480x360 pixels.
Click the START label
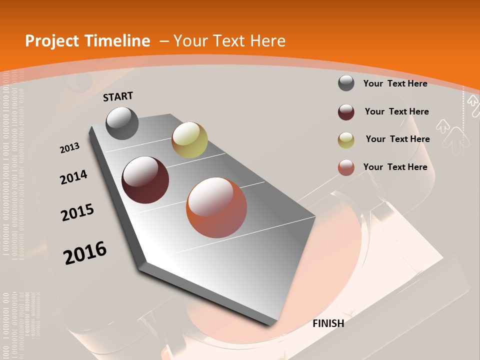tap(118, 96)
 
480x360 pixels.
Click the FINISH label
tap(328, 323)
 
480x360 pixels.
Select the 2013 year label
tap(69, 148)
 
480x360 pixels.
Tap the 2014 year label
tap(73, 177)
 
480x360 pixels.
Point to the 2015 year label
tap(77, 212)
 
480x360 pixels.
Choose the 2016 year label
tap(85, 253)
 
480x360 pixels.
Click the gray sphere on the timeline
tap(122, 123)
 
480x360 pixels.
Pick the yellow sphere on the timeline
tap(189, 140)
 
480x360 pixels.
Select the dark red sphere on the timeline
tap(145, 180)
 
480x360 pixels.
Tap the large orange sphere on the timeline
tap(216, 207)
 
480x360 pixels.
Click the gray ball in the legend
tap(346, 83)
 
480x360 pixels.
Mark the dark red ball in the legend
tap(346, 112)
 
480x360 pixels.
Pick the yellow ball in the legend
tap(346, 140)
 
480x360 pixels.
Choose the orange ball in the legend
tap(346, 167)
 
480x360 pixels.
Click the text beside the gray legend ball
tap(395, 83)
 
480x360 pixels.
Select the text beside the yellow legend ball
tap(397, 139)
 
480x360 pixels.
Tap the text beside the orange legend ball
tap(395, 167)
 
